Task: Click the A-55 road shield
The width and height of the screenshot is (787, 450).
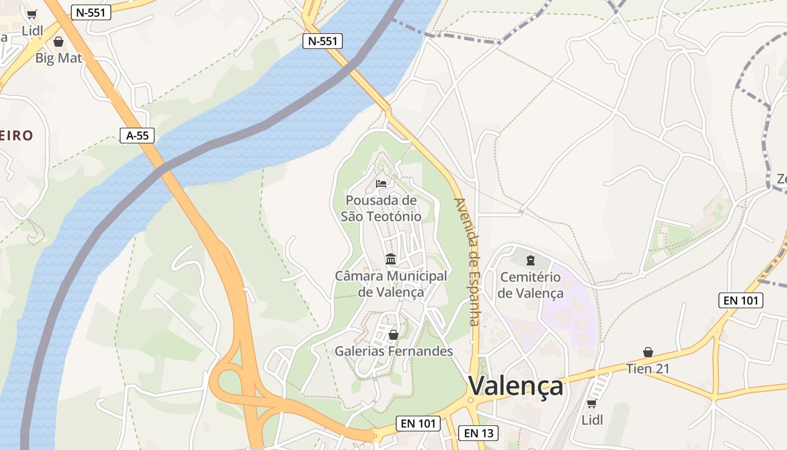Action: click(x=137, y=135)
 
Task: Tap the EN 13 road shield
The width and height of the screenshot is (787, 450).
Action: click(x=478, y=433)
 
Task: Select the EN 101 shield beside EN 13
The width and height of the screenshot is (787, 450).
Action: click(x=419, y=424)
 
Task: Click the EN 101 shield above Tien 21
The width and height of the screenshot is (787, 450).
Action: click(x=741, y=300)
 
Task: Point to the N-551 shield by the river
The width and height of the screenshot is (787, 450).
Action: click(x=323, y=40)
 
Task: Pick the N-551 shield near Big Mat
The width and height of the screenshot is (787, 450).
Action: click(x=91, y=12)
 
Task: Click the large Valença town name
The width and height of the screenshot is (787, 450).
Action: click(x=515, y=386)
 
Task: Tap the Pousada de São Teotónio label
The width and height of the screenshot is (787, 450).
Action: click(x=381, y=208)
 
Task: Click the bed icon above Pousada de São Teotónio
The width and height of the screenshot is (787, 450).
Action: click(x=381, y=183)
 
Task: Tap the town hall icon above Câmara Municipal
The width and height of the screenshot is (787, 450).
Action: click(x=391, y=259)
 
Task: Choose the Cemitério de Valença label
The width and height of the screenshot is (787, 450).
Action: click(x=530, y=285)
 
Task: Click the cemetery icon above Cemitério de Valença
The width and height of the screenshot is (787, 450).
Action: click(x=530, y=260)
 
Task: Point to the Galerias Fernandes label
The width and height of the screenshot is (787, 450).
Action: click(x=393, y=352)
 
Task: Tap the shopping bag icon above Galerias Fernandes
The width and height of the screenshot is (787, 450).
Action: click(x=393, y=335)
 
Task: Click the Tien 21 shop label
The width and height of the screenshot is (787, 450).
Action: click(x=648, y=369)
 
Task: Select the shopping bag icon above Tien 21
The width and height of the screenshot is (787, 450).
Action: click(x=648, y=352)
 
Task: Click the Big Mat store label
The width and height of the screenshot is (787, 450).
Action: click(x=58, y=58)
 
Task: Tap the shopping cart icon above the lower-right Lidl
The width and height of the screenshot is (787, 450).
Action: click(x=591, y=403)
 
